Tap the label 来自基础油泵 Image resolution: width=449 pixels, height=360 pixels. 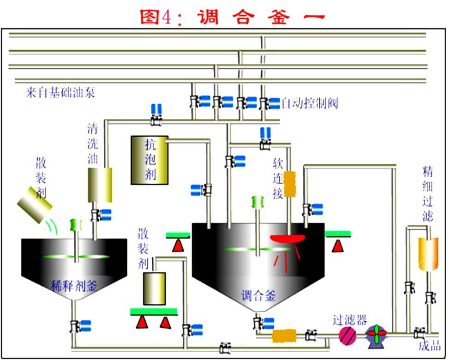[x=60, y=93]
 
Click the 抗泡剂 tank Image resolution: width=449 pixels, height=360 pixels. [x=150, y=160]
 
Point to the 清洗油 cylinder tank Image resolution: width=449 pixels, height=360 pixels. [x=100, y=185]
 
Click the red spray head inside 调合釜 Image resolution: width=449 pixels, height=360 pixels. [x=287, y=239]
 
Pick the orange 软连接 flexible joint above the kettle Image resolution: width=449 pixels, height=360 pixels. [x=289, y=184]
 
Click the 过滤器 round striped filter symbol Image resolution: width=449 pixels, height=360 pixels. [x=348, y=335]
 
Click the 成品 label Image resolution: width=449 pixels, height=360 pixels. [x=429, y=346]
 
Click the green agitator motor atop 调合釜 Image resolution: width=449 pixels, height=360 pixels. [x=257, y=202]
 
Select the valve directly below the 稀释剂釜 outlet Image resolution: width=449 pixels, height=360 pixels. [x=74, y=326]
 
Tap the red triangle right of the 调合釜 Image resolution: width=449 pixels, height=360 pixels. [x=338, y=246]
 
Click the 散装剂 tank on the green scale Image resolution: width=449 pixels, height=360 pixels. [x=154, y=288]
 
